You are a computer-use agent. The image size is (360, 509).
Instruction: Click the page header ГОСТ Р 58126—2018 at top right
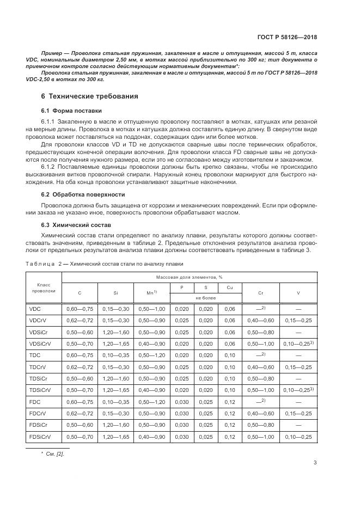288,38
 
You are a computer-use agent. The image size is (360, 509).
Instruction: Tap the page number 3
315,463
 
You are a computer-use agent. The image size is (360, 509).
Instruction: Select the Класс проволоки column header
43,288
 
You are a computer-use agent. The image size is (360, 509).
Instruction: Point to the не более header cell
206,298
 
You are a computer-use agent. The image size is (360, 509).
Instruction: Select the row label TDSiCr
38,378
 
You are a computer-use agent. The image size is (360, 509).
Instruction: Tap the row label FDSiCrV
40,437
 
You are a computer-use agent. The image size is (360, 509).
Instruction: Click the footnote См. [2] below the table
52,453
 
